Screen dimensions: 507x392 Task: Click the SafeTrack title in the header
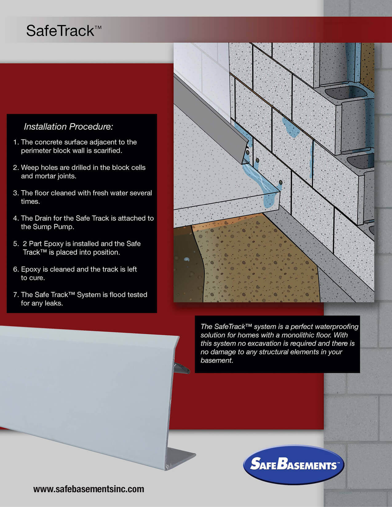click(60, 31)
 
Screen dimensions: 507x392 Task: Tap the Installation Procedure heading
click(68, 127)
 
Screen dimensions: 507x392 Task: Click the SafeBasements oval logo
click(294, 465)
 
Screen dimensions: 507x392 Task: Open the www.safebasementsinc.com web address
click(89, 489)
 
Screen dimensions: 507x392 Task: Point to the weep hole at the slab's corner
click(280, 183)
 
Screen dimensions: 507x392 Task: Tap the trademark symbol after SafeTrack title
click(98, 27)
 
